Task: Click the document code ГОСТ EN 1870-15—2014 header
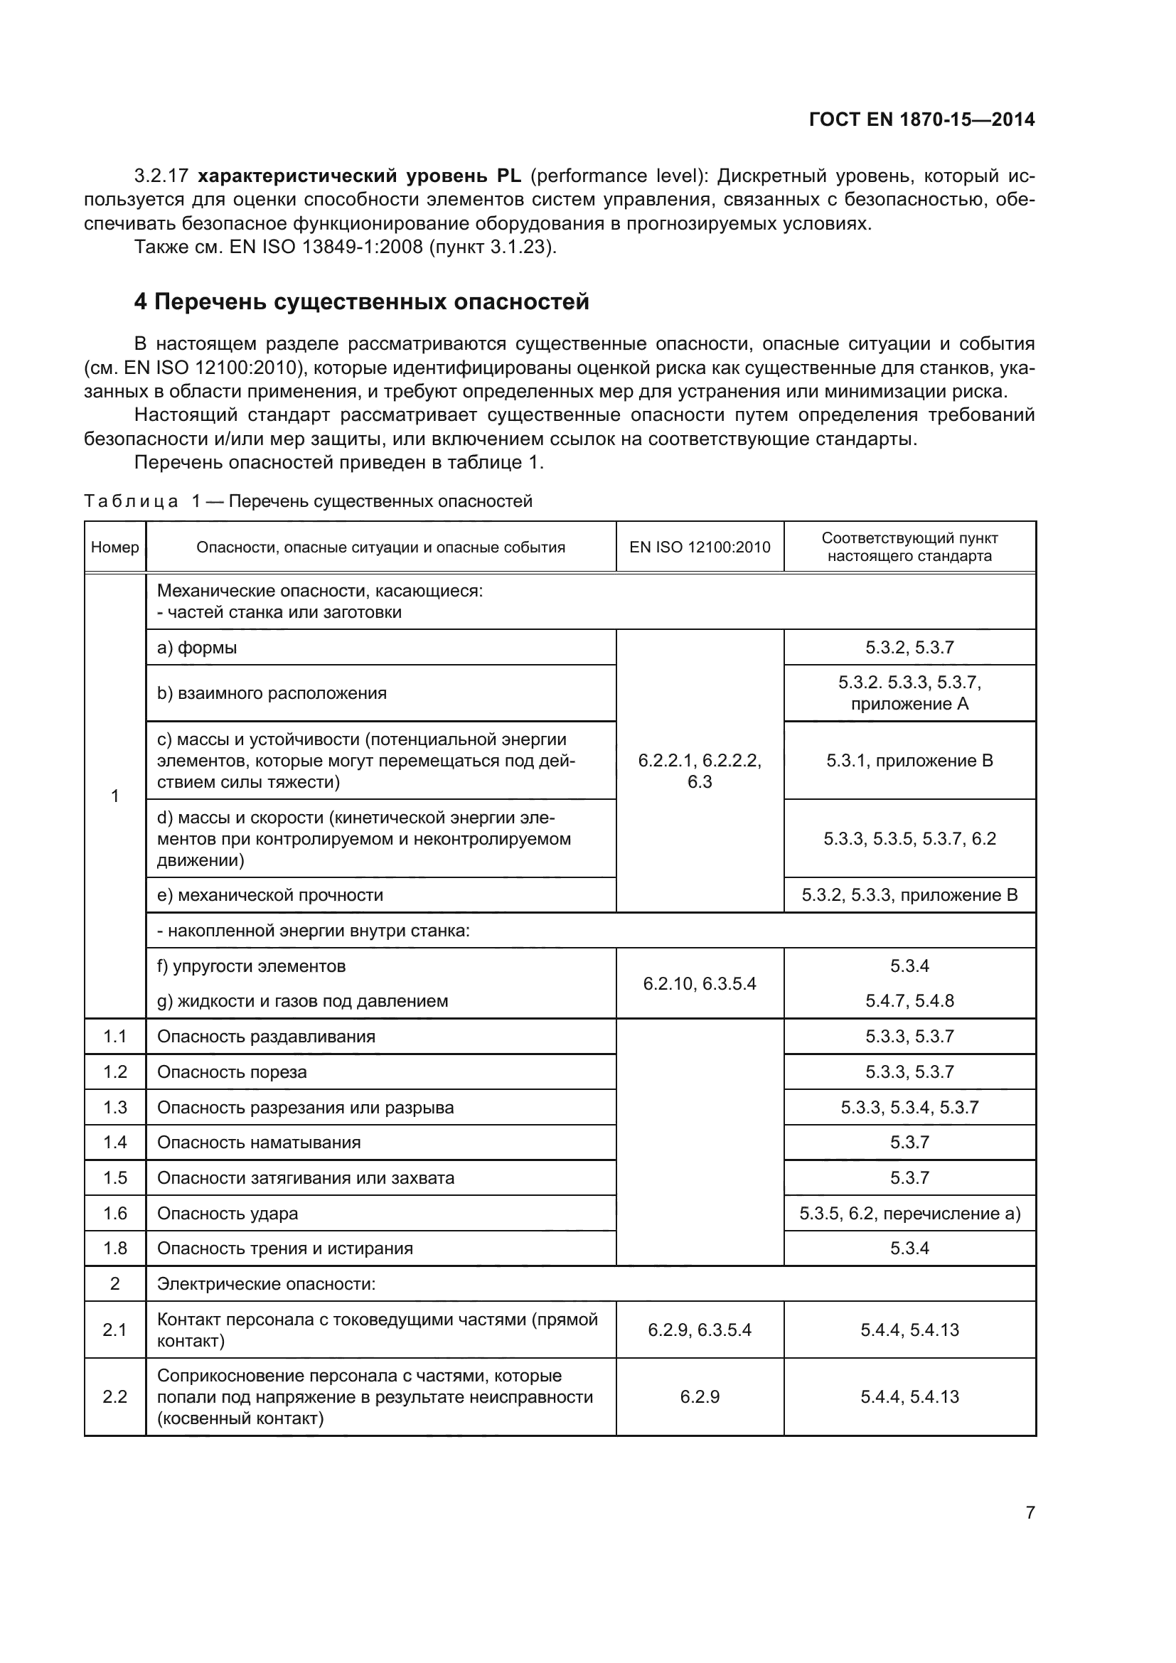tap(921, 119)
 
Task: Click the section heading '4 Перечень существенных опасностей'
tap(361, 301)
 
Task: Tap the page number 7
tap(1030, 1512)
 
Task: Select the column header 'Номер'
tap(115, 547)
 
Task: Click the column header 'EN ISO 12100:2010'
tap(700, 547)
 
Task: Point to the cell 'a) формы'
tap(197, 648)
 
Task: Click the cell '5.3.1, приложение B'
tap(909, 761)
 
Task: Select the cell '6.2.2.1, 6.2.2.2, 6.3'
tap(700, 771)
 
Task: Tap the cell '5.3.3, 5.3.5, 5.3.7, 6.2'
tap(909, 839)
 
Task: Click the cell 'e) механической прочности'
tap(270, 895)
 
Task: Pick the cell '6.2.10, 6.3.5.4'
tap(700, 983)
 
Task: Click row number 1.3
tap(115, 1108)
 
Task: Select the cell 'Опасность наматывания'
tap(259, 1143)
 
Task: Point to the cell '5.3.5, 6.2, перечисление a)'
tap(909, 1213)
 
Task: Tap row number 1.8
tap(115, 1248)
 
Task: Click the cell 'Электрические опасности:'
tap(267, 1284)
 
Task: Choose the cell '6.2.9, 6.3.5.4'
tap(700, 1330)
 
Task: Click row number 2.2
tap(115, 1396)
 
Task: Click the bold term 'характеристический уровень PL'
tap(359, 176)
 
